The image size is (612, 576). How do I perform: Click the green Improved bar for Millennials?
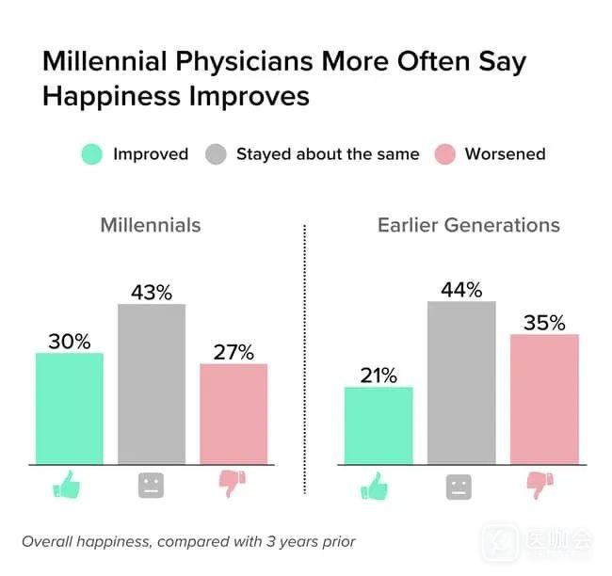click(x=69, y=408)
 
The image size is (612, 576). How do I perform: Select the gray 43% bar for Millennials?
click(x=152, y=384)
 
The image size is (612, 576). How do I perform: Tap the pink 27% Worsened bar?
click(x=234, y=413)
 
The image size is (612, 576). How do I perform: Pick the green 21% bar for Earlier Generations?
click(x=378, y=425)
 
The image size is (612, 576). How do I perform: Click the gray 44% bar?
click(x=460, y=382)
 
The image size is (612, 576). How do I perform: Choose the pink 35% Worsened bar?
click(x=543, y=399)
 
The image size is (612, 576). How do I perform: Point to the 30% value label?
click(x=69, y=341)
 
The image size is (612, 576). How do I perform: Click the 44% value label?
click(x=460, y=289)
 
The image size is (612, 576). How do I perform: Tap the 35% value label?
click(x=543, y=322)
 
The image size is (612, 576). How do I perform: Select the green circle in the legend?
click(x=90, y=154)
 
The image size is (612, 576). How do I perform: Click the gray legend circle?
click(x=215, y=154)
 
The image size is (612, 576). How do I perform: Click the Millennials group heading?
click(x=151, y=226)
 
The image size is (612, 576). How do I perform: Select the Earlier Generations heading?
click(x=468, y=226)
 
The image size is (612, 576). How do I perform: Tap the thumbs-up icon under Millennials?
click(x=69, y=486)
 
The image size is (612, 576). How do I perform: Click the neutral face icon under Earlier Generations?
click(x=459, y=487)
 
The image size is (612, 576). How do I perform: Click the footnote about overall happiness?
click(x=188, y=541)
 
